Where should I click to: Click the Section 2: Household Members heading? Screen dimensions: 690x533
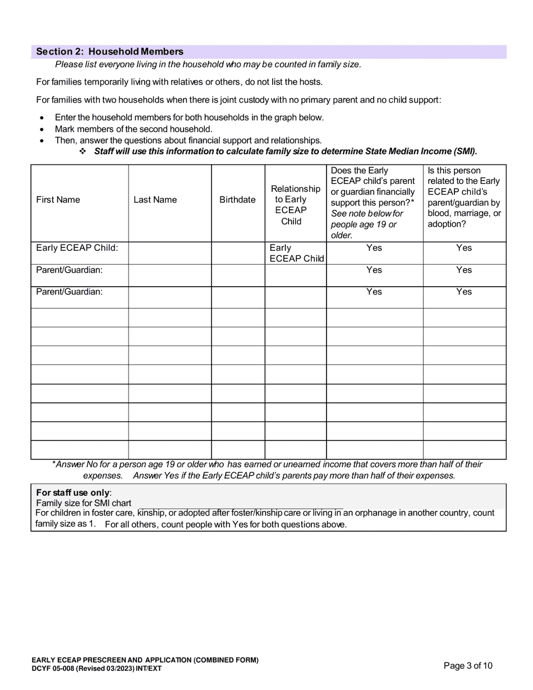tap(109, 52)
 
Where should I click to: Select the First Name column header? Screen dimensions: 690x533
tap(58, 200)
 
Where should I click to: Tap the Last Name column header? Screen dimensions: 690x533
tap(155, 200)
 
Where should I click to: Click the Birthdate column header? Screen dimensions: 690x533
tap(237, 200)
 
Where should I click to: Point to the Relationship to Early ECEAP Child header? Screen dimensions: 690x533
tap(295, 205)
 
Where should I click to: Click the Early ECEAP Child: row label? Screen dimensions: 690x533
tap(77, 248)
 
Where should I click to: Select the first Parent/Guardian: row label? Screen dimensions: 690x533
tap(69, 270)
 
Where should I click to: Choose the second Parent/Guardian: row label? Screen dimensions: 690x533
tap(69, 292)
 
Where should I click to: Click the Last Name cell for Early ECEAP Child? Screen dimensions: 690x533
tap(169, 253)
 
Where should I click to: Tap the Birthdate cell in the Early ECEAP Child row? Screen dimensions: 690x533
tap(237, 253)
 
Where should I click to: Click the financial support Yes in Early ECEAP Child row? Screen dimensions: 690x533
tap(374, 248)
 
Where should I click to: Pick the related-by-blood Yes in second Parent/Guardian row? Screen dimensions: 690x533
tap(464, 292)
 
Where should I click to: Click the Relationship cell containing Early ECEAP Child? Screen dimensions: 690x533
tap(296, 253)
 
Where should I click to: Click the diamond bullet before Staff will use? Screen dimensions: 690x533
tap(82, 151)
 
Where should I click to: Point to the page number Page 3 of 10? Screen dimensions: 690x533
tap(468, 666)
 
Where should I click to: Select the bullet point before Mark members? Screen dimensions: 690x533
tap(42, 129)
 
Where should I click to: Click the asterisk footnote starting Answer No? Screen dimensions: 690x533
tap(268, 470)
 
